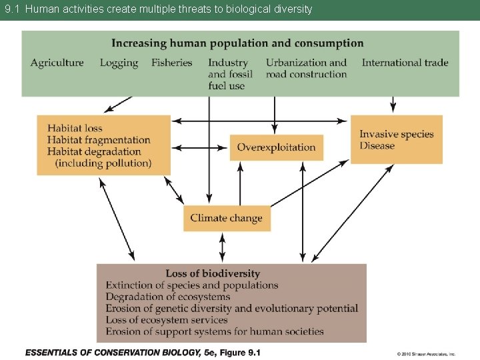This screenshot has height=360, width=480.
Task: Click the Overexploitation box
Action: pos(276,147)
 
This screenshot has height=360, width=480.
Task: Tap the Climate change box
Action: pos(227,218)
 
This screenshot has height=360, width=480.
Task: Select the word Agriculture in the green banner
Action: pos(57,63)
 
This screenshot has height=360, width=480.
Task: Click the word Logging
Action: pos(119,63)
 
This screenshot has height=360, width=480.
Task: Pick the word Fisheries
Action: pos(172,63)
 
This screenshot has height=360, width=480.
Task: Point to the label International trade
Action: pos(405,63)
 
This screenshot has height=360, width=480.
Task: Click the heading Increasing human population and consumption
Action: pos(237,43)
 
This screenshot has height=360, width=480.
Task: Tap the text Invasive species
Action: pos(397,134)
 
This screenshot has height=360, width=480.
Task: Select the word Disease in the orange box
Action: pos(377,146)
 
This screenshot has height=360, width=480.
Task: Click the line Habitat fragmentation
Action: pos(99,140)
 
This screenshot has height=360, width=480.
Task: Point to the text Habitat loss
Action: pos(75,128)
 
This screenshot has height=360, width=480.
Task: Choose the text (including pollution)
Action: pos(103,163)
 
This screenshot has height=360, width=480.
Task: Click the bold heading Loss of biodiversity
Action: pos(213,273)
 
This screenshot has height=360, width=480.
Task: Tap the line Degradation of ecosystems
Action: pos(168,297)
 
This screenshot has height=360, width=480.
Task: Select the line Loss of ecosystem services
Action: pos(167,320)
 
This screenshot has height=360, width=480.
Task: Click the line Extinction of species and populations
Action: pos(192,285)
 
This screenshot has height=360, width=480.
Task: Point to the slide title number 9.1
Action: pos(13,9)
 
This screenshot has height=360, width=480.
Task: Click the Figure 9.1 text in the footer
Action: pos(237,353)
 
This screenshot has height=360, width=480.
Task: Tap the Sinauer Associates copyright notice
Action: pos(426,354)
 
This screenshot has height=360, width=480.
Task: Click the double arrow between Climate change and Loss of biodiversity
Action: pos(223,247)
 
